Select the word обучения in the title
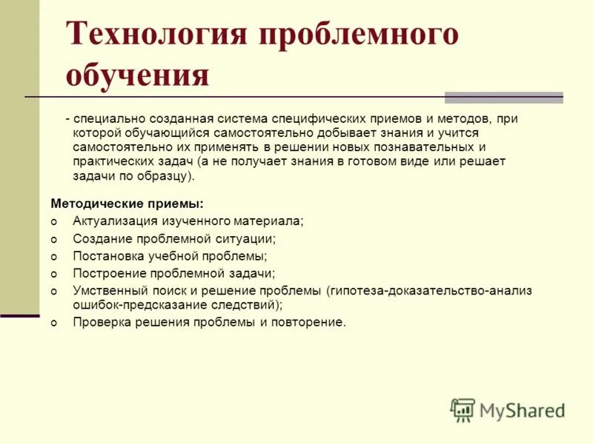(137, 75)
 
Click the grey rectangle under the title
(503, 97)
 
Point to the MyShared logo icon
(463, 410)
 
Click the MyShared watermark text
(522, 411)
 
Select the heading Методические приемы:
(127, 202)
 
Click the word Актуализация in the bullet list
(114, 221)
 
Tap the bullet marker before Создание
(53, 240)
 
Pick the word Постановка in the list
(107, 256)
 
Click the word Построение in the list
(107, 273)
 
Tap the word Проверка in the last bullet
(102, 322)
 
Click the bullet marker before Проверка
(53, 323)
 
